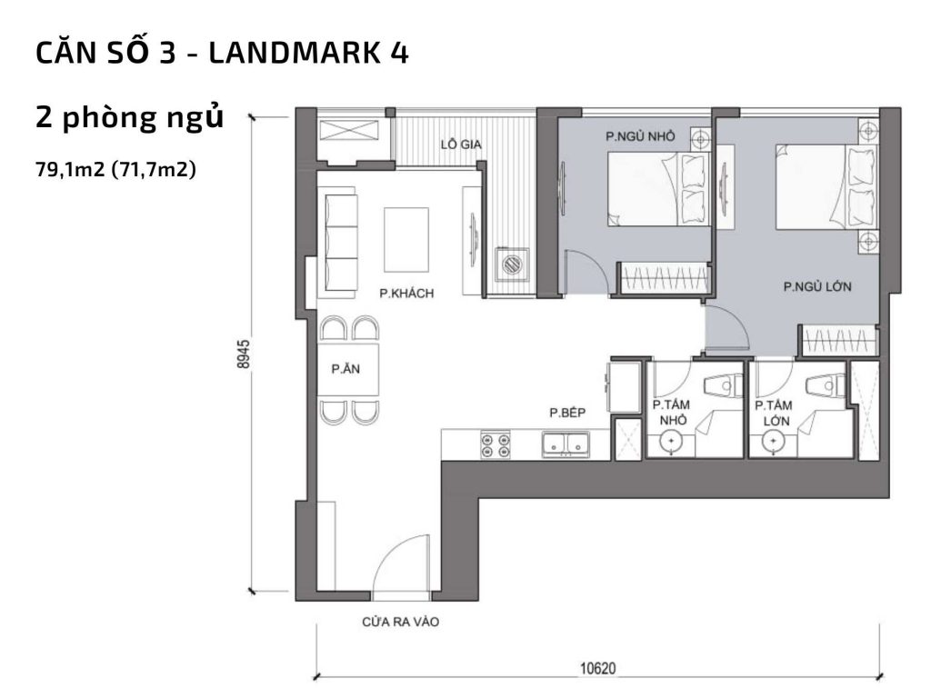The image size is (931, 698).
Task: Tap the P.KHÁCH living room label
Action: [x=406, y=294]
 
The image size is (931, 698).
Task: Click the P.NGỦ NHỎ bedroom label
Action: [x=640, y=136]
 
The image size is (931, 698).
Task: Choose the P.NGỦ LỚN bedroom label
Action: [x=816, y=287]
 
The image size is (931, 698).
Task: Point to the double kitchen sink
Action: [x=567, y=444]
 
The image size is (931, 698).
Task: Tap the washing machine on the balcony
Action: [x=511, y=264]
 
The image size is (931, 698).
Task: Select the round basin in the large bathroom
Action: [x=773, y=443]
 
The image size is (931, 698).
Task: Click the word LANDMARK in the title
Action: [x=285, y=54]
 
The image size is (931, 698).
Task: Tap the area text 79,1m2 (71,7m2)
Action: [x=115, y=168]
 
